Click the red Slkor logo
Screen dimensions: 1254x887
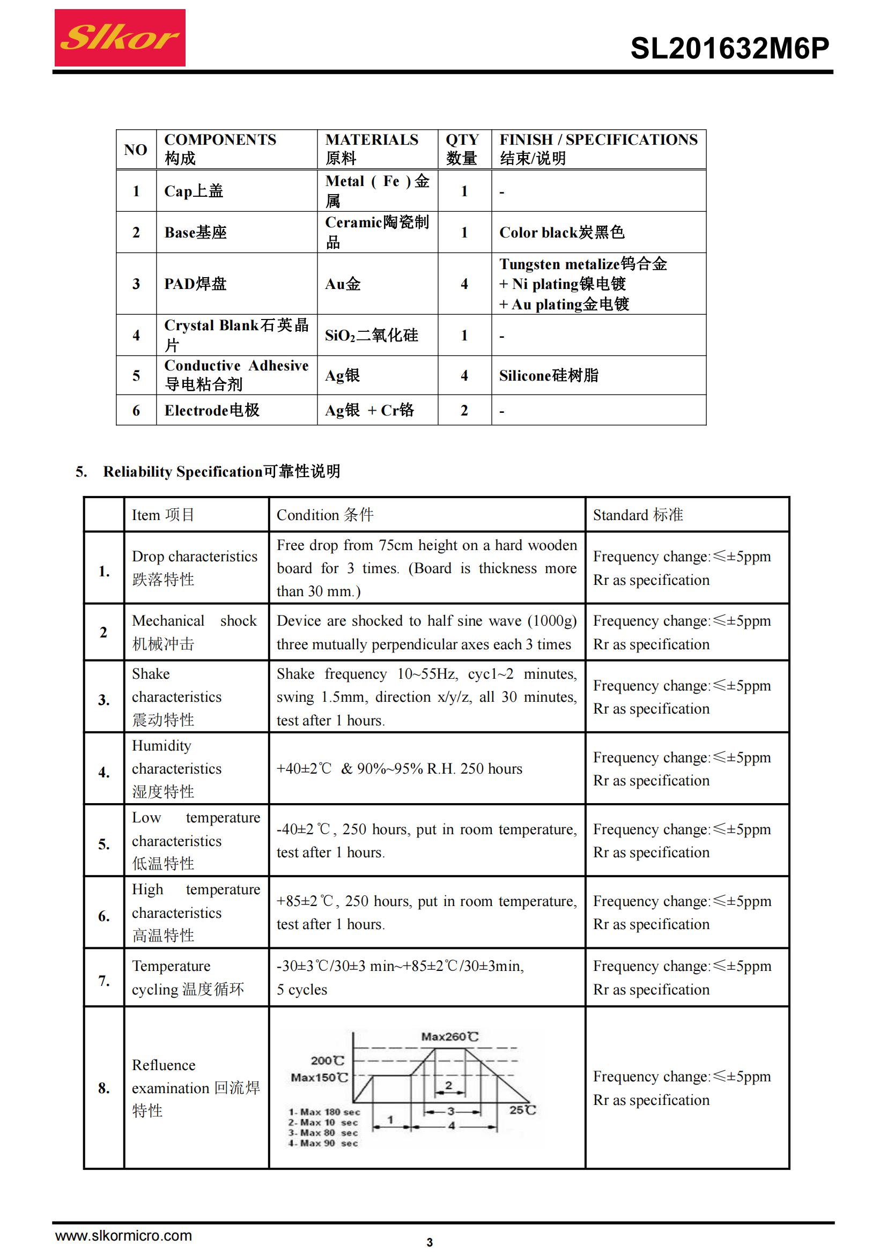click(x=120, y=38)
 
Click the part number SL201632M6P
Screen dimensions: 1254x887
click(x=729, y=48)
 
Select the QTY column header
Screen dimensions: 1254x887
click(x=462, y=149)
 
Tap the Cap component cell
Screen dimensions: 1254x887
click(x=194, y=191)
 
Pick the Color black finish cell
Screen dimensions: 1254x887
click(x=561, y=232)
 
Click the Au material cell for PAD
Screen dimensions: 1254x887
click(x=343, y=284)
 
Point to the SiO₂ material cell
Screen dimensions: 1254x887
click(x=372, y=335)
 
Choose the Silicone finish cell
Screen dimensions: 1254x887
click(x=549, y=375)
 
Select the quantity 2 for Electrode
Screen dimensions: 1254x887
click(x=464, y=410)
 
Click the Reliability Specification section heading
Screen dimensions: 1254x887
click(x=221, y=471)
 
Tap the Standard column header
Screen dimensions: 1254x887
click(x=638, y=515)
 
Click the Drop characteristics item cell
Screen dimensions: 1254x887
click(x=195, y=567)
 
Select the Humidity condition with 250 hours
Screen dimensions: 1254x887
click(x=400, y=768)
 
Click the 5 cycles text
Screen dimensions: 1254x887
click(x=301, y=990)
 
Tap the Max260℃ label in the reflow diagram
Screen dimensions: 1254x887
click(x=449, y=1036)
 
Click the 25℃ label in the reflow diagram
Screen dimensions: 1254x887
click(x=522, y=1110)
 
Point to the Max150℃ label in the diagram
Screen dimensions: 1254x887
click(x=319, y=1077)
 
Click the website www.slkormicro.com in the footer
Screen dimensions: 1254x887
click(x=123, y=1235)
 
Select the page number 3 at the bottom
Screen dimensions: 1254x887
click(x=430, y=1242)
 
